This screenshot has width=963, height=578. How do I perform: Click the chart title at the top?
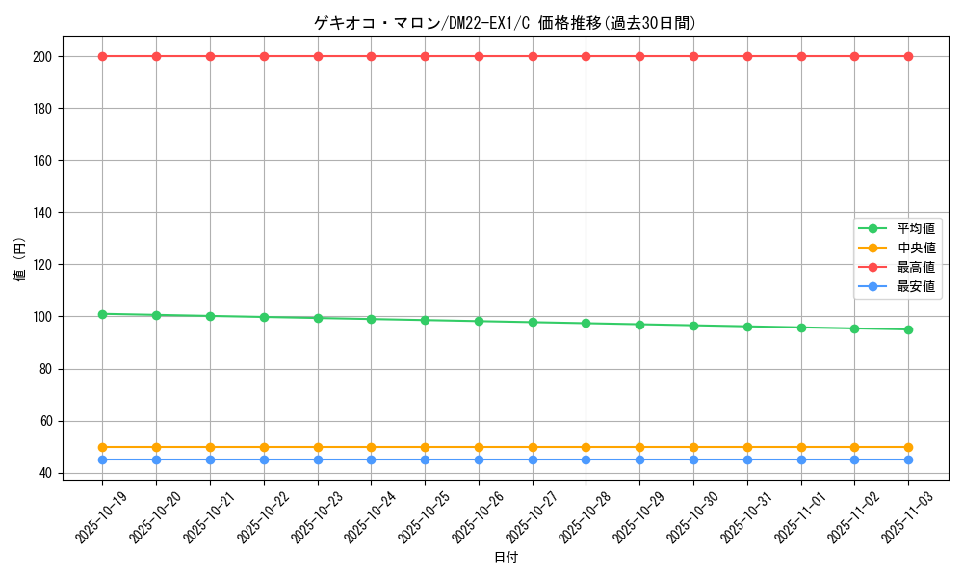coord(505,23)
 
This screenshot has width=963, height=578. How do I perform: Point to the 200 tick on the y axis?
coord(42,57)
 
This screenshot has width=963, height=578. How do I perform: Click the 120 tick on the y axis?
coord(42,265)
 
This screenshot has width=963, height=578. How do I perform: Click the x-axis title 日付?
coord(506,558)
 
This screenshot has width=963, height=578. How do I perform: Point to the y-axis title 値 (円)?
coord(20,260)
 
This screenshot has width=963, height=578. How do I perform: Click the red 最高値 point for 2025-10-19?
coord(102,56)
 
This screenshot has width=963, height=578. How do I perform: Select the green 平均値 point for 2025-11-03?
coord(908,329)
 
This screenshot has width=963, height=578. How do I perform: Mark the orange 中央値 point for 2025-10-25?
coord(425,447)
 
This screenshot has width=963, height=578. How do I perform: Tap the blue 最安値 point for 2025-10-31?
coord(747,460)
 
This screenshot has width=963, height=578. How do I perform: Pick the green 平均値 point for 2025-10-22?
coord(264,317)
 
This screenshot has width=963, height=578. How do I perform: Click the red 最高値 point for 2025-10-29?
coord(639,56)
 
